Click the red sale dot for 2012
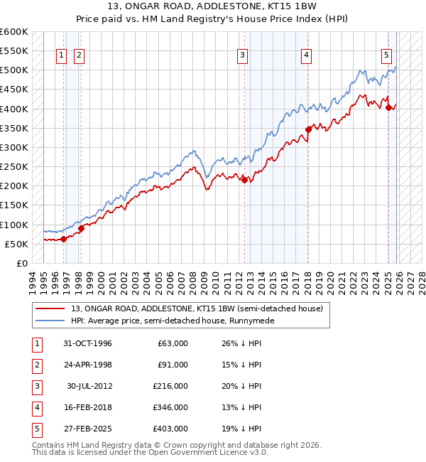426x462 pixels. (244, 180)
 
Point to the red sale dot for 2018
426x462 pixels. (309, 129)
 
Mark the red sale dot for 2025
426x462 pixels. (389, 107)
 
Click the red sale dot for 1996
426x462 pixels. (64, 239)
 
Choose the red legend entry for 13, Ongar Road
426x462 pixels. (197, 308)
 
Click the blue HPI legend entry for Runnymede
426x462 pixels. (172, 321)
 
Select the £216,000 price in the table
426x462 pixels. (170, 386)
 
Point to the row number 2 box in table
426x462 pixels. (35, 365)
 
